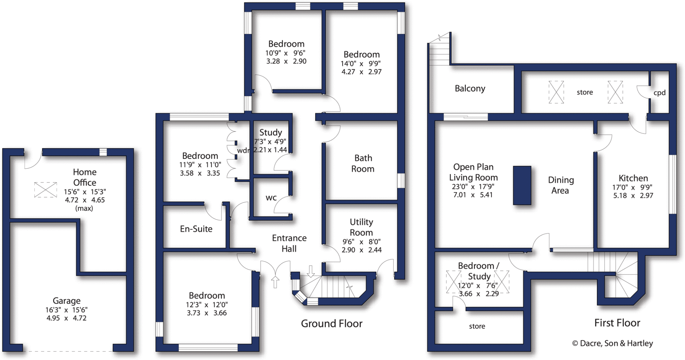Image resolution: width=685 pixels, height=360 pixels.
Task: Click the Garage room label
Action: [x=67, y=301]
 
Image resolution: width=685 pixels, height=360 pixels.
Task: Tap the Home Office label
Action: [x=85, y=177]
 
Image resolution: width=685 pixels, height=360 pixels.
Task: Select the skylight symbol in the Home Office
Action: [x=45, y=190]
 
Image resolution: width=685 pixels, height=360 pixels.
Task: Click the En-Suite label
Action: [x=196, y=229]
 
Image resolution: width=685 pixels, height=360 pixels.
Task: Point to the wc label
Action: [x=271, y=198]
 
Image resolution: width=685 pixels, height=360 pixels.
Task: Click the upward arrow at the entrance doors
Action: [x=275, y=282]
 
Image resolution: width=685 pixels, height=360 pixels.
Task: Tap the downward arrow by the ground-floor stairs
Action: [x=311, y=271]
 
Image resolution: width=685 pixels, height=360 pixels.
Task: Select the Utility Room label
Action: [x=361, y=227]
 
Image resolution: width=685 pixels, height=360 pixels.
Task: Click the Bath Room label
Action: [x=363, y=163]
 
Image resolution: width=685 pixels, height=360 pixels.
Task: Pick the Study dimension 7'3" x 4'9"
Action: [x=270, y=142]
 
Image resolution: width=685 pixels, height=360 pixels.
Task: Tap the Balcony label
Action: [x=470, y=89]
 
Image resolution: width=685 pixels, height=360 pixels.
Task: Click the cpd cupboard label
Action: [x=659, y=93]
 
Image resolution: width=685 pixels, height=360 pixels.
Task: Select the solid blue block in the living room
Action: [x=522, y=185]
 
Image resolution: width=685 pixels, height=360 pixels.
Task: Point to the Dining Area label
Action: [x=561, y=185]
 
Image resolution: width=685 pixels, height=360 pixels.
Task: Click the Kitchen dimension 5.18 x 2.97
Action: [x=633, y=196]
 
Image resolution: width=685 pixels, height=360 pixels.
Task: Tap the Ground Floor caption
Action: [x=331, y=324]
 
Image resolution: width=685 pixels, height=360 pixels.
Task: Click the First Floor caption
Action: [x=617, y=323]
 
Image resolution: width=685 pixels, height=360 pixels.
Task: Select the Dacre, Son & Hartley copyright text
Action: [x=612, y=343]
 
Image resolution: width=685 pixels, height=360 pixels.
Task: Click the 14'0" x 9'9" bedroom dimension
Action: [x=361, y=64]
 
